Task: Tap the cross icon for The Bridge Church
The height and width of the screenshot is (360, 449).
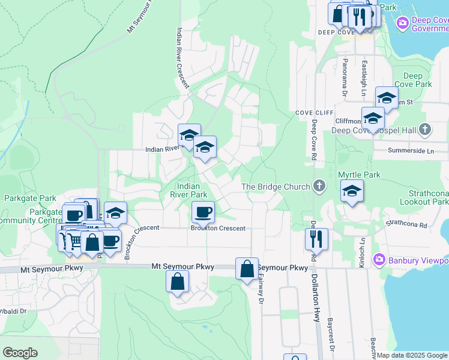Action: click(x=319, y=187)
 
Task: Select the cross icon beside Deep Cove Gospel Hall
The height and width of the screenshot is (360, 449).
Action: click(x=425, y=130)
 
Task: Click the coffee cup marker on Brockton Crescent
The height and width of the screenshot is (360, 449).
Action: click(x=203, y=212)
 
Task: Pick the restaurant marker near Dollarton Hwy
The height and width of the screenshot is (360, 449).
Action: click(x=316, y=239)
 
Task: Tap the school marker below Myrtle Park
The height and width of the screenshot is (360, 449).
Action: click(x=352, y=193)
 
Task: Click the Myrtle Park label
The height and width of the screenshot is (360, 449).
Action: click(x=359, y=175)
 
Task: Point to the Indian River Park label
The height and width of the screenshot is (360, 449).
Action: click(x=188, y=190)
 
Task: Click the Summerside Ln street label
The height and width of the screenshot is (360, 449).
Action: click(x=411, y=151)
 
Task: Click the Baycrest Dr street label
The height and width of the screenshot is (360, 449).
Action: click(x=331, y=339)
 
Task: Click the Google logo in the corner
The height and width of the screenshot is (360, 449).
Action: click(x=20, y=353)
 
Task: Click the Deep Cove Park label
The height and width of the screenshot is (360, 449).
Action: click(x=417, y=80)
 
